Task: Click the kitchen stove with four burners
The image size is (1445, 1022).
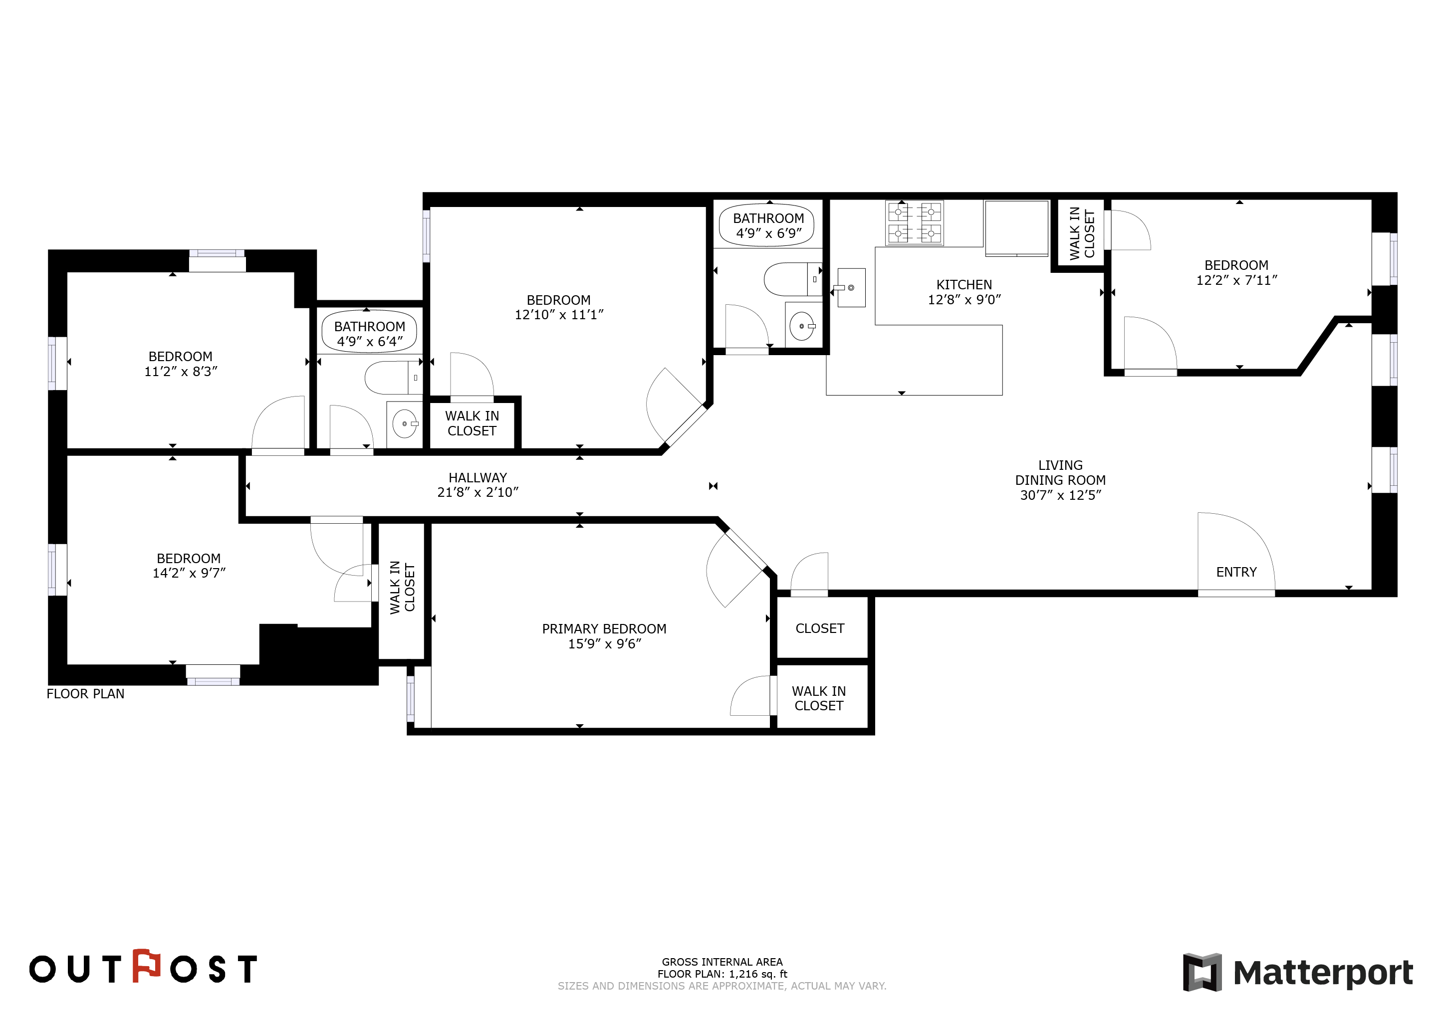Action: pos(915,223)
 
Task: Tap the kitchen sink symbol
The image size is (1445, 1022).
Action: pos(850,288)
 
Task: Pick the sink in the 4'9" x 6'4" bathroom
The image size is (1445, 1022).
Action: pos(405,423)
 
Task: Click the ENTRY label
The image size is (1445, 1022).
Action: pos(1236,572)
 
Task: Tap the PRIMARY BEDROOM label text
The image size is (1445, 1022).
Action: pos(604,628)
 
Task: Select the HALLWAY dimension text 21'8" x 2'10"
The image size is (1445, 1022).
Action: pos(478,492)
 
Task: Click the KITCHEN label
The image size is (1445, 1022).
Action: pos(964,284)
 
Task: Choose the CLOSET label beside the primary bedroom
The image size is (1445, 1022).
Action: pos(819,628)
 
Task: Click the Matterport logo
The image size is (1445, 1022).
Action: pos(1298,972)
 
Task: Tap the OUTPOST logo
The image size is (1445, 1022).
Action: pos(144,967)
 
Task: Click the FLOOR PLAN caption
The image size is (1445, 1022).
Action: pos(86,693)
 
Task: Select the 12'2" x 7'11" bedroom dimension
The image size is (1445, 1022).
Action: pos(1237,280)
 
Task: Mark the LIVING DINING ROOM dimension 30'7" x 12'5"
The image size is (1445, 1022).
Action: pos(1060,495)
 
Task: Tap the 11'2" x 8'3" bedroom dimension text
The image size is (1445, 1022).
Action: pos(181,371)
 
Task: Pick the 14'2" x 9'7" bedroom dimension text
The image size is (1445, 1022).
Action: pos(189,573)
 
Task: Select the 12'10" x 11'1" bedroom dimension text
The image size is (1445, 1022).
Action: pos(559,315)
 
